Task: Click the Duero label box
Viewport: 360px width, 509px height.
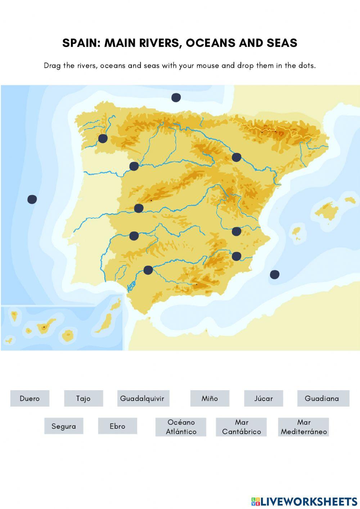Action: tap(30, 398)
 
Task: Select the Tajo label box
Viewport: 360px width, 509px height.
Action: tap(84, 398)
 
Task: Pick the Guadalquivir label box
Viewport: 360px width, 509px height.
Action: tap(143, 398)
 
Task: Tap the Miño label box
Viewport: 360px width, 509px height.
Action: tap(210, 398)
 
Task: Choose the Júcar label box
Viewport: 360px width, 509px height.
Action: tap(264, 398)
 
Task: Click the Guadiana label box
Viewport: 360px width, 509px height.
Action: tap(323, 398)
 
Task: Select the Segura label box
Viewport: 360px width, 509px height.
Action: tap(64, 426)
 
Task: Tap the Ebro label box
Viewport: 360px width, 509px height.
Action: tap(117, 426)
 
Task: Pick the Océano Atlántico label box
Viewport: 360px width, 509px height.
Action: tap(181, 427)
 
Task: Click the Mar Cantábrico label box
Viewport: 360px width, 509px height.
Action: tap(241, 427)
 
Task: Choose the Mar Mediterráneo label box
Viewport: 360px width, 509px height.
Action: tap(303, 427)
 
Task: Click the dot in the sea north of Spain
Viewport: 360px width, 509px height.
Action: tap(176, 97)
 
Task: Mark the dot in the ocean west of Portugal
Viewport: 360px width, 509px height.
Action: tap(32, 199)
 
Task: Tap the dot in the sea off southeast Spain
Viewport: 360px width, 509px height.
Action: tap(274, 274)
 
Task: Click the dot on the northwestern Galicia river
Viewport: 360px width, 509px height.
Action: tap(103, 138)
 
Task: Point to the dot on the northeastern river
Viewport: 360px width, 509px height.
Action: tap(236, 157)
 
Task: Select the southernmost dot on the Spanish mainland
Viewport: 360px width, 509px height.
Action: tap(148, 270)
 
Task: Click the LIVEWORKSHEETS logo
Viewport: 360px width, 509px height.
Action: tap(304, 501)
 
